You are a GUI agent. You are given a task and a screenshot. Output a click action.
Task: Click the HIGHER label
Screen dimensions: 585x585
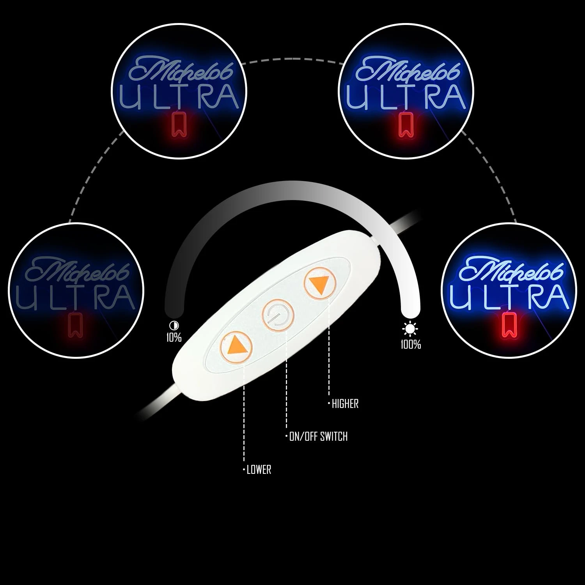pyautogui.click(x=345, y=404)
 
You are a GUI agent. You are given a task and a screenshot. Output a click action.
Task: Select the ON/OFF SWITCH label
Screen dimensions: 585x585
pyautogui.click(x=318, y=436)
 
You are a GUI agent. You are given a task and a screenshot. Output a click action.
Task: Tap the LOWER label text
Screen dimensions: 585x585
pyautogui.click(x=259, y=470)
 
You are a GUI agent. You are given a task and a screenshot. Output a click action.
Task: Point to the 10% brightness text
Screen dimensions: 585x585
pyautogui.click(x=174, y=337)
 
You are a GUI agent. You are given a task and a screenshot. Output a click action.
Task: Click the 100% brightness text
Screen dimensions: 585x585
pyautogui.click(x=411, y=344)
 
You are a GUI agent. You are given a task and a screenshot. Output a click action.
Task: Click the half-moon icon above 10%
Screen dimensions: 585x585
pyautogui.click(x=172, y=325)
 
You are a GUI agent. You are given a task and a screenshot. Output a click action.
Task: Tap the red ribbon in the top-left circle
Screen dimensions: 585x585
pyautogui.click(x=179, y=124)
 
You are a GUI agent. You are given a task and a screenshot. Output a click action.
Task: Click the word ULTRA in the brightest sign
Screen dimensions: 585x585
pyautogui.click(x=508, y=296)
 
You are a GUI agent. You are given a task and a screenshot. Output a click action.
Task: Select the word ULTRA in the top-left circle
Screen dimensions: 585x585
pyautogui.click(x=179, y=96)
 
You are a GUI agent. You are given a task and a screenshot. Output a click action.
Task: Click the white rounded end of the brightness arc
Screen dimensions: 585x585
pyautogui.click(x=411, y=310)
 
